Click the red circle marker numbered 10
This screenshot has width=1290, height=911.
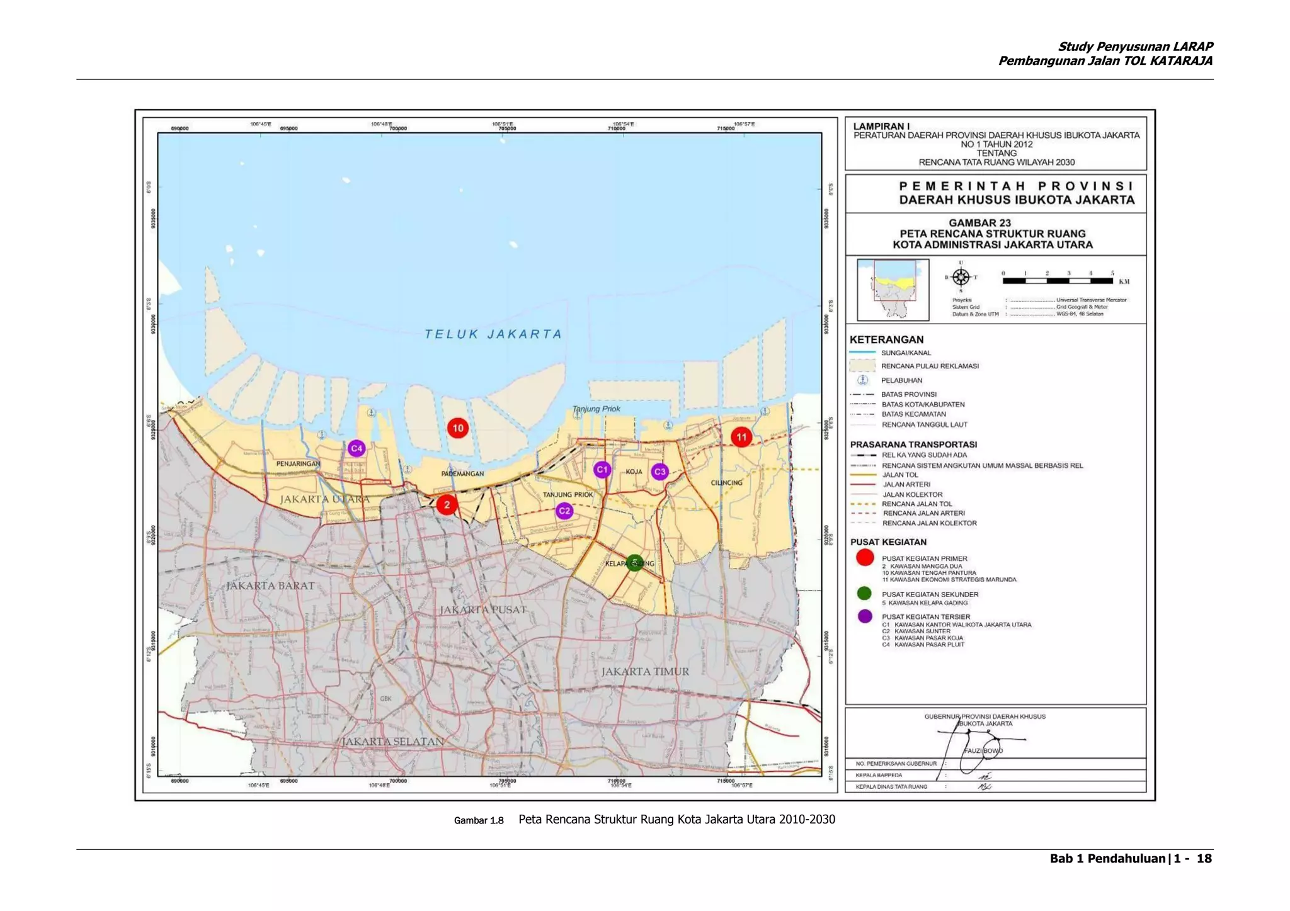point(457,428)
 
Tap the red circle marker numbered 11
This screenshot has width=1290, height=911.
point(741,437)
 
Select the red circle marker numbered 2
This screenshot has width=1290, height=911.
point(447,504)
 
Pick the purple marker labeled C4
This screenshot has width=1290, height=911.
point(357,448)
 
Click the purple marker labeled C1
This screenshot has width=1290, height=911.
point(602,469)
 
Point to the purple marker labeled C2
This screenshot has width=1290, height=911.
point(564,511)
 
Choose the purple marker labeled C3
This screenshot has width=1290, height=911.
point(659,471)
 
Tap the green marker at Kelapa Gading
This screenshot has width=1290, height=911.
point(634,562)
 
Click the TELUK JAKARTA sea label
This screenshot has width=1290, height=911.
point(493,334)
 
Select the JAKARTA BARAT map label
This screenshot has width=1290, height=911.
point(270,586)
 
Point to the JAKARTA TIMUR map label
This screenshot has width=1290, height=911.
point(645,672)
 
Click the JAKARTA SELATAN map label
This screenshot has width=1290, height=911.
point(392,742)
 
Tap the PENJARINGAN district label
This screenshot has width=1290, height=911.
point(298,464)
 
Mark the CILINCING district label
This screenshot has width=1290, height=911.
point(726,483)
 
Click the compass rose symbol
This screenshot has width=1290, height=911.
point(961,277)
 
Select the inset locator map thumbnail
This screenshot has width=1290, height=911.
point(893,290)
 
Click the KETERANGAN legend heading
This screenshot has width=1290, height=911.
point(886,339)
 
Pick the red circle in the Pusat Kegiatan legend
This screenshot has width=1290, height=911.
point(865,557)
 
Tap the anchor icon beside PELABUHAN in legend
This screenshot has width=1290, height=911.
point(863,380)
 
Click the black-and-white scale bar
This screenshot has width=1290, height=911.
point(1058,281)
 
